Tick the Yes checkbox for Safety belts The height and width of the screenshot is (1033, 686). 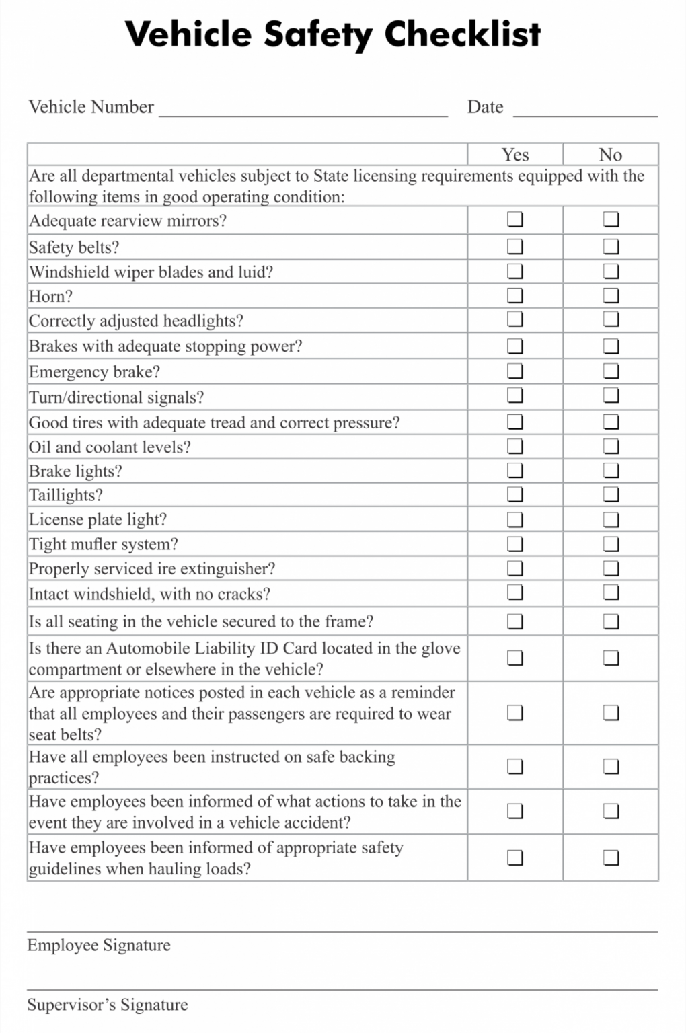tap(514, 246)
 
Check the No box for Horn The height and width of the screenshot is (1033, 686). tap(611, 295)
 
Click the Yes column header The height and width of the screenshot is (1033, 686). tap(515, 155)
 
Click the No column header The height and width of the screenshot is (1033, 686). tap(611, 155)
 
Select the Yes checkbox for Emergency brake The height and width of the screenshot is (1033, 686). tap(514, 371)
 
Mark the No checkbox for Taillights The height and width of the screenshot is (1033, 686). tap(611, 494)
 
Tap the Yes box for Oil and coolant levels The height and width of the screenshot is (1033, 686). tap(514, 446)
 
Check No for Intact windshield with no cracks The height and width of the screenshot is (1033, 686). tap(611, 592)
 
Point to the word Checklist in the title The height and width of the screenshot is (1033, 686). tap(462, 34)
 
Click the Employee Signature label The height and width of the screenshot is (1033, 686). tap(99, 945)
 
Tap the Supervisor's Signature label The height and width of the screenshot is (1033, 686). tap(108, 1005)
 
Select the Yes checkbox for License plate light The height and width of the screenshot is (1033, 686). tap(514, 519)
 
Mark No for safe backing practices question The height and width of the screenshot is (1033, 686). tap(611, 766)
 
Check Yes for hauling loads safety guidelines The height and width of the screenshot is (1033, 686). tap(514, 857)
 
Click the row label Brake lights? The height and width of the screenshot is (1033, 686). tap(75, 471)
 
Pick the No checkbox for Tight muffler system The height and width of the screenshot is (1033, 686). tap(611, 543)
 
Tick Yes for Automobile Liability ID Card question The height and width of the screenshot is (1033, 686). tap(514, 658)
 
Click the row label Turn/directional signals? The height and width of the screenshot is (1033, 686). tap(116, 397)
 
